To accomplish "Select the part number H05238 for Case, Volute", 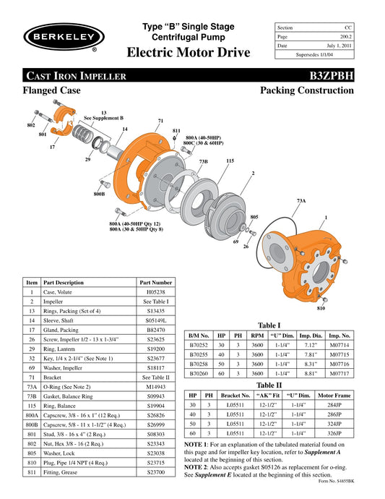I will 155,291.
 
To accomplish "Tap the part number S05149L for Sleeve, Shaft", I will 155,319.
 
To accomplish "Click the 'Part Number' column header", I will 155,282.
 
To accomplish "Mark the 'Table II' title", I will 269,385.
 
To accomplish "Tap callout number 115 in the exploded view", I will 230,161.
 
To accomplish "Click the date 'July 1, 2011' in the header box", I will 339,45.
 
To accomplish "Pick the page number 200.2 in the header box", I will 344,35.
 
